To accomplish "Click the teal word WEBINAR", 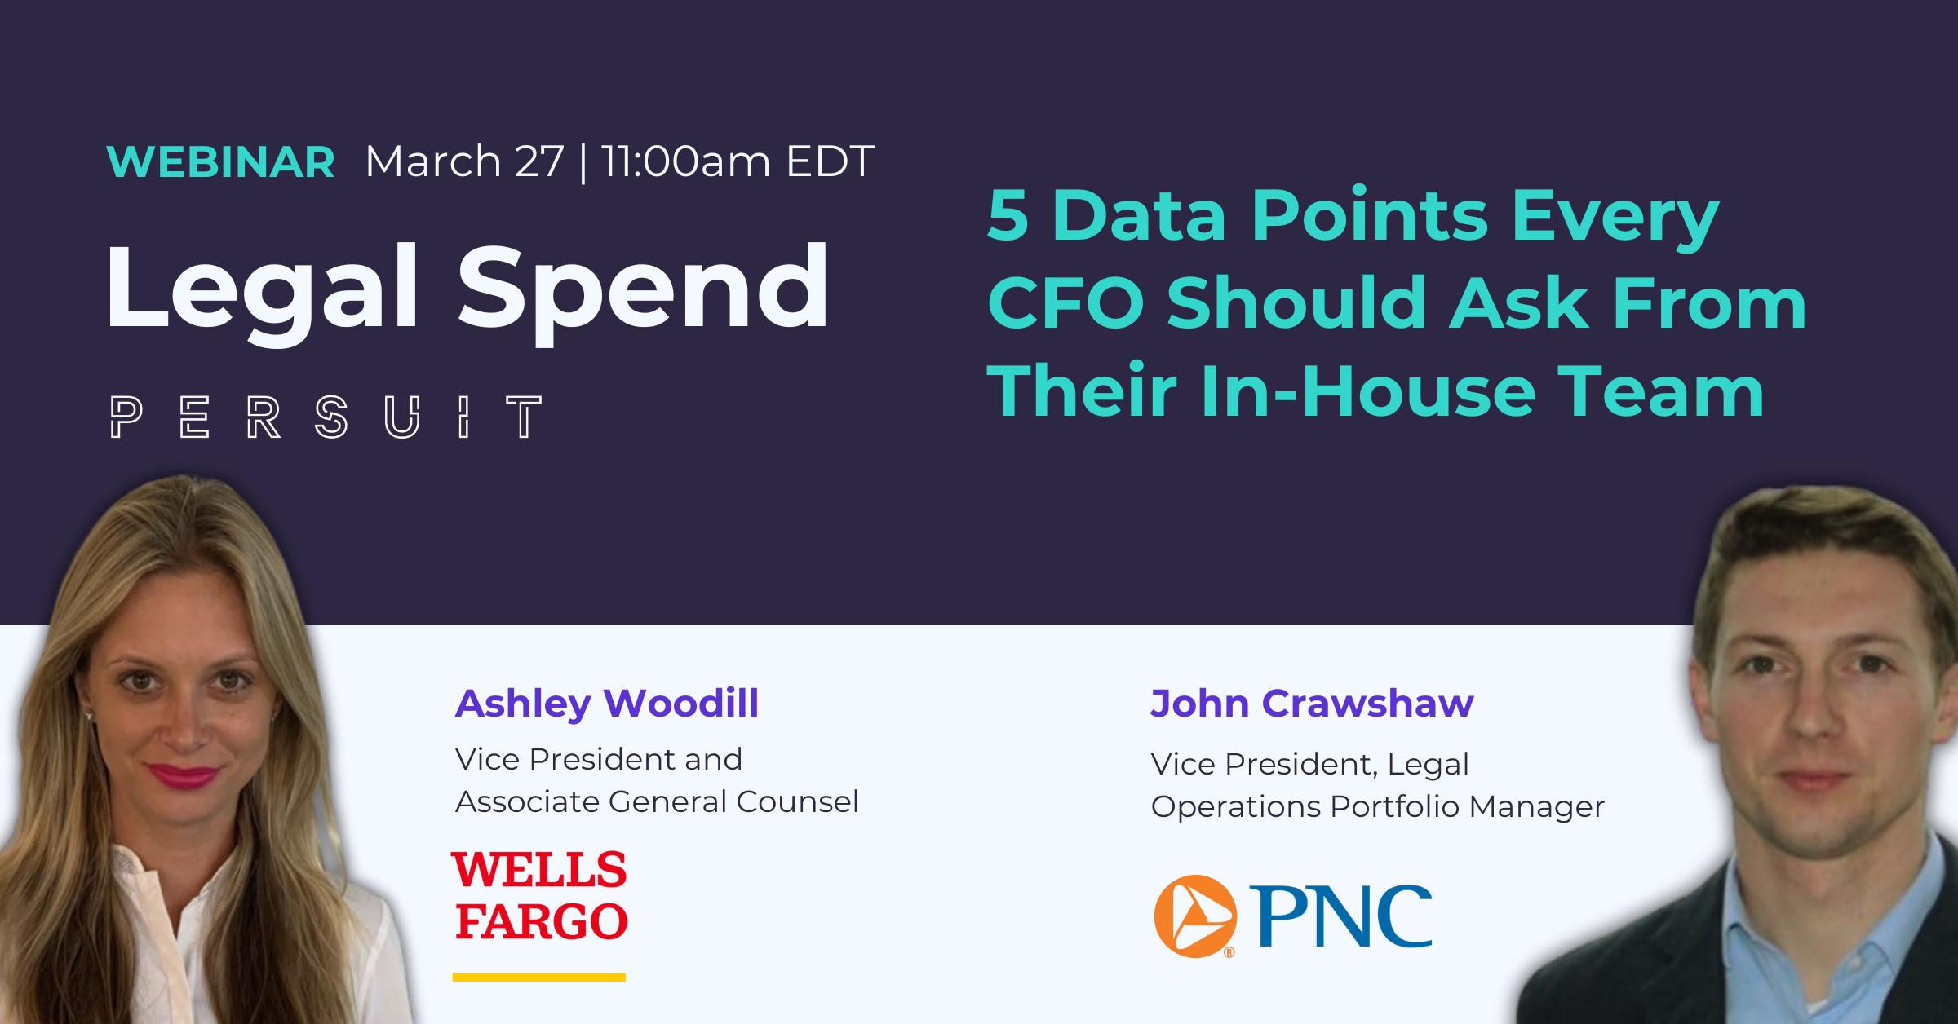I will point(220,161).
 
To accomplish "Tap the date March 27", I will point(464,161).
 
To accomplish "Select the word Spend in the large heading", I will point(642,289).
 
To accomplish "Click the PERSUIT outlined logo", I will point(326,417).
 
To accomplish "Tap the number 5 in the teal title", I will point(1008,216).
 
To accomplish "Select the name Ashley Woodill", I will point(607,703).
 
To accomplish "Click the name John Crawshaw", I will point(1312,703).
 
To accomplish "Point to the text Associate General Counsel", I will point(657,801).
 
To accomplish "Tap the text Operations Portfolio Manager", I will point(1377,806).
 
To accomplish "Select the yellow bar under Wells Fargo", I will point(539,977).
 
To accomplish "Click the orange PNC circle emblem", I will point(1195,916).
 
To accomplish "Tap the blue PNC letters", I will point(1340,916).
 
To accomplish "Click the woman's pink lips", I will point(183,775).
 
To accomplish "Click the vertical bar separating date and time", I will point(583,163).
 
